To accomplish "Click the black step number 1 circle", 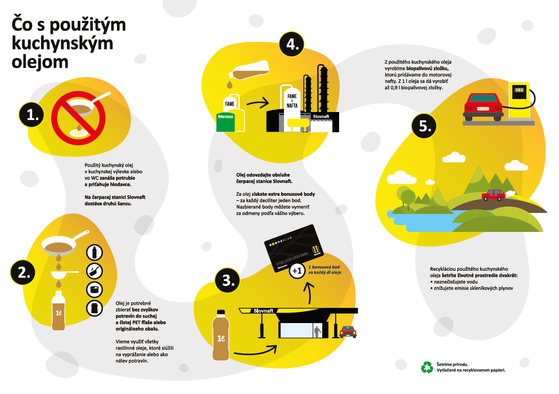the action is point(31,115).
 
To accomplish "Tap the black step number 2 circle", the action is point(23,272).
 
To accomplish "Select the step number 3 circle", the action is point(227,280).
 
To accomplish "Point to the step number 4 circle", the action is point(292,44).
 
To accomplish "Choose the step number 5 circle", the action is point(424,126).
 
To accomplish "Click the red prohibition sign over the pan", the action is point(78,118).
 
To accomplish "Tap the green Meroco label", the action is point(226,117).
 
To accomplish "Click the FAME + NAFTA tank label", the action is point(292,101).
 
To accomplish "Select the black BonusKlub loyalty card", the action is point(294,248).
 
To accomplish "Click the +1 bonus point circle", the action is point(297,271).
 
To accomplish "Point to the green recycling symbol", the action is point(427,368).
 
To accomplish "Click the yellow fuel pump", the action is point(519,100).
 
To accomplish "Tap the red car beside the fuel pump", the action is point(483,107).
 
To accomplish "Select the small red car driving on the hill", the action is point(493,195).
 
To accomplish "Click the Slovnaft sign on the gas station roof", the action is point(263,311).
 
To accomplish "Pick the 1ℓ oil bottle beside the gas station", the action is point(220,335).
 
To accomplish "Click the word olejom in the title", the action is point(40,62).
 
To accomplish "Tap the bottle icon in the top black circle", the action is point(94,253).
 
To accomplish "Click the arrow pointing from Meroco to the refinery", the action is point(258,104).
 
